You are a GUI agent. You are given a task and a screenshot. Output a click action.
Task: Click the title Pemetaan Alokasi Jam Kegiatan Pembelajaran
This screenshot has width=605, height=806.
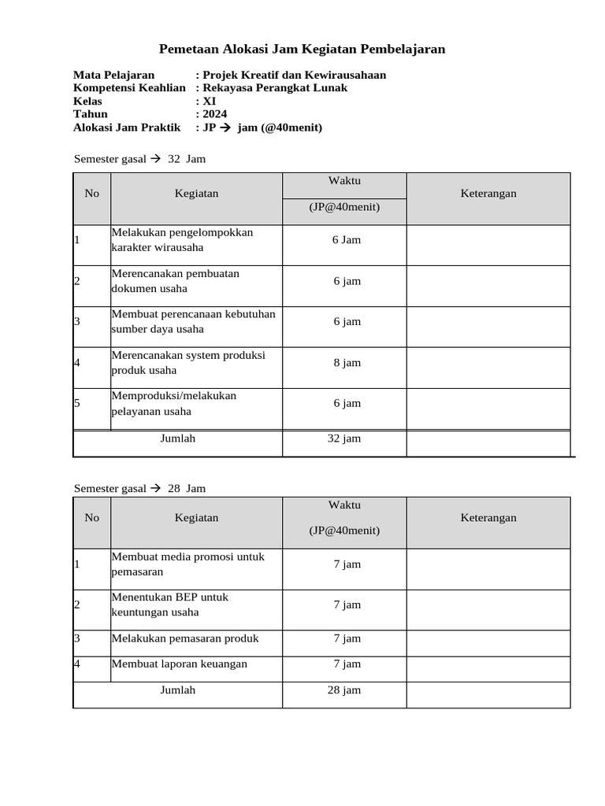pyautogui.click(x=302, y=50)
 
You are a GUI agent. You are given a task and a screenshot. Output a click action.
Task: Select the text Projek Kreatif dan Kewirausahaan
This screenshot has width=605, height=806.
pyautogui.click(x=294, y=75)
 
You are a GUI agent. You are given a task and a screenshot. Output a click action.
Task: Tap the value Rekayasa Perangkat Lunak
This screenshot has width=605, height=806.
pyautogui.click(x=274, y=87)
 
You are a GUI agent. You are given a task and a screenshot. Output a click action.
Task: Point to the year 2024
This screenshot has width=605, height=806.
pyautogui.click(x=213, y=113)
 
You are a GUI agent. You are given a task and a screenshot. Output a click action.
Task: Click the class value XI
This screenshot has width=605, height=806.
pyautogui.click(x=209, y=101)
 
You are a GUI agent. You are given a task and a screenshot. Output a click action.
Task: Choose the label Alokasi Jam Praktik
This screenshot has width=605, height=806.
pyautogui.click(x=126, y=127)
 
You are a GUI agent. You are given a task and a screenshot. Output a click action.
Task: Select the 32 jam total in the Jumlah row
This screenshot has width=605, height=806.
pyautogui.click(x=343, y=438)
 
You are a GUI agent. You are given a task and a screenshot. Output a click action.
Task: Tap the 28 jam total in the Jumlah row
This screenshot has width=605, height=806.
pyautogui.click(x=343, y=690)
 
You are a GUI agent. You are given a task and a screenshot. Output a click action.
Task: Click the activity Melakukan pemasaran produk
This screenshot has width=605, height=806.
pyautogui.click(x=185, y=638)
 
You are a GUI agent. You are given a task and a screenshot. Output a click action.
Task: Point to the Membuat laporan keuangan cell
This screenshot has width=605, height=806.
pyautogui.click(x=180, y=664)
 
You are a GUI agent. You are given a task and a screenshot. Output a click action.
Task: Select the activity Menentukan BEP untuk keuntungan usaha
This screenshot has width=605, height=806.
pyautogui.click(x=169, y=604)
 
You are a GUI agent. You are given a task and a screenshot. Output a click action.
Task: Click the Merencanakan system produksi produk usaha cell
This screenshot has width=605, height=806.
pyautogui.click(x=188, y=363)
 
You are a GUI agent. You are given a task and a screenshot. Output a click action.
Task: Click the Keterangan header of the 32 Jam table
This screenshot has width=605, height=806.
pyautogui.click(x=488, y=193)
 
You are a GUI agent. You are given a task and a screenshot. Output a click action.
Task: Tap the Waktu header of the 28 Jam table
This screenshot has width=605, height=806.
pyautogui.click(x=344, y=505)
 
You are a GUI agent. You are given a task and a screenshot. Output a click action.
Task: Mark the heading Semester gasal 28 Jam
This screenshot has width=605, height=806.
pyautogui.click(x=139, y=488)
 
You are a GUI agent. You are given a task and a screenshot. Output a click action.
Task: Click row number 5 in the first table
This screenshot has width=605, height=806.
pyautogui.click(x=77, y=403)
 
